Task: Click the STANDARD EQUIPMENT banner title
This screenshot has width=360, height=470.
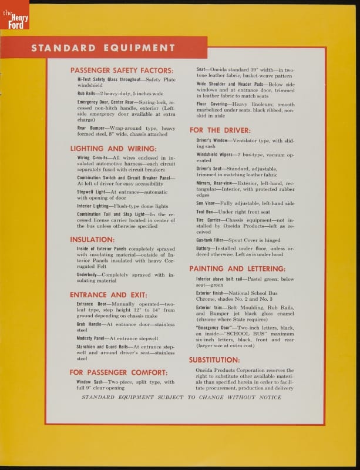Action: coord(103,48)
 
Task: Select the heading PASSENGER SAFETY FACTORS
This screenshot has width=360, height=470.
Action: coord(122,70)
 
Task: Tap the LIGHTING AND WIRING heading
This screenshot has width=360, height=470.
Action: coord(113,149)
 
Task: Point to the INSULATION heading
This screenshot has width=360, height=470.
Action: coord(92,240)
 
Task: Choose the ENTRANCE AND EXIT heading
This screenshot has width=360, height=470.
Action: coord(109,294)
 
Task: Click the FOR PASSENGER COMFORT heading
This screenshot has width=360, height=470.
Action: coord(119,372)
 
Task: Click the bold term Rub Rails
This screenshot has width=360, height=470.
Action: coord(88,93)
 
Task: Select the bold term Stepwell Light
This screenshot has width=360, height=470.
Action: coord(92,192)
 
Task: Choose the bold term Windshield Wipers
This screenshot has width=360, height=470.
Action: coord(214,154)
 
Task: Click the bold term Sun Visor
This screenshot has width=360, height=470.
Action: coord(207,203)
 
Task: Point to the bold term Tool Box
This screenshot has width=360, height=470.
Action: coord(205,212)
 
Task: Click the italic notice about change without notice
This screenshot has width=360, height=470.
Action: coord(181,397)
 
